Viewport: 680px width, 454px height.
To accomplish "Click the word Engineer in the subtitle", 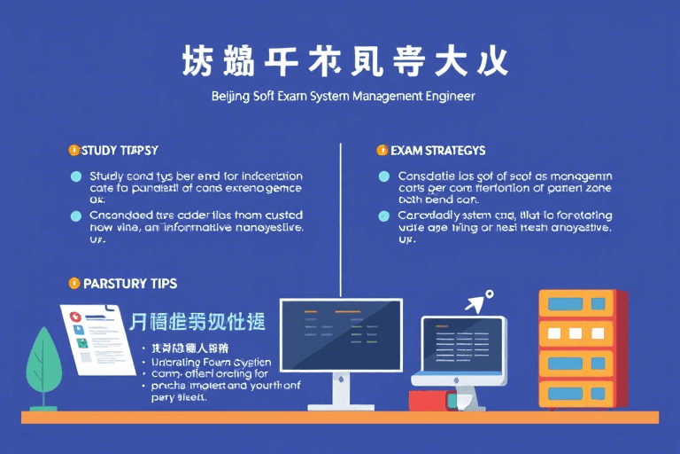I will coord(447,95).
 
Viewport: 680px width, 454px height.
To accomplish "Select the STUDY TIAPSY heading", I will coord(120,151).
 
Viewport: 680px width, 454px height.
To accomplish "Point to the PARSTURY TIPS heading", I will coord(129,284).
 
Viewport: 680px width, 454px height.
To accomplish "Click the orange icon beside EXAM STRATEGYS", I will coord(382,151).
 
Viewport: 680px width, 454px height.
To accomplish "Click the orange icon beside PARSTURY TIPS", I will coord(73,284).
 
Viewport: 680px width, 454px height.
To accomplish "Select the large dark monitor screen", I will coord(341,333).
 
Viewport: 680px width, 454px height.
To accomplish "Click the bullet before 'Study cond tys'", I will coord(75,176).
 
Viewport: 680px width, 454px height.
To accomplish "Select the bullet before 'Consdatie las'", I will coord(383,176).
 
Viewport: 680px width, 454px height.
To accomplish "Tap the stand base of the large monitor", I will coord(341,404).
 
